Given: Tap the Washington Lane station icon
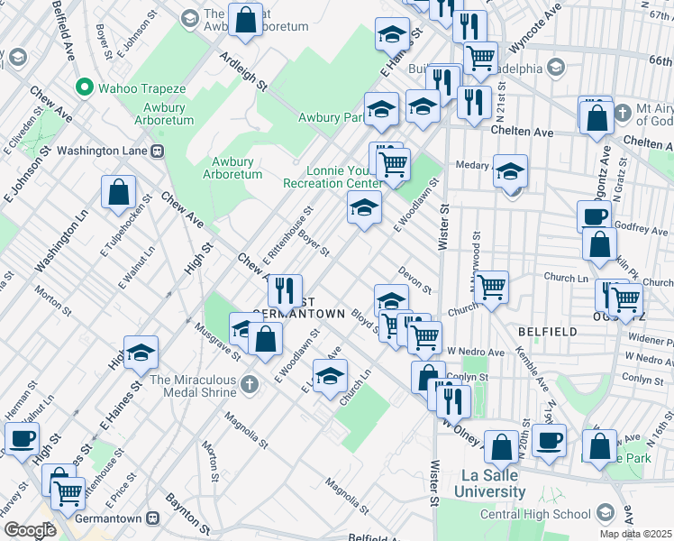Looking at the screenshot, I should pos(156,151).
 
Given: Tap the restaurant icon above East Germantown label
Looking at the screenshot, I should pos(285,289).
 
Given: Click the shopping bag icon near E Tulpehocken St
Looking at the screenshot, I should pos(119,191).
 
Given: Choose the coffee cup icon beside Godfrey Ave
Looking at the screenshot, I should pos(595,215).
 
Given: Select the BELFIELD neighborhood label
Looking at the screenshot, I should pos(548,332).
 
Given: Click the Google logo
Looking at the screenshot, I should pos(29,530).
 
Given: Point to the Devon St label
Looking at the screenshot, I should pos(415,280).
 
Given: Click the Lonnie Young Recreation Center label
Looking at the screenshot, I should pos(332,176).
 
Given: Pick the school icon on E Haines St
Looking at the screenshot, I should pos(141,353).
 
